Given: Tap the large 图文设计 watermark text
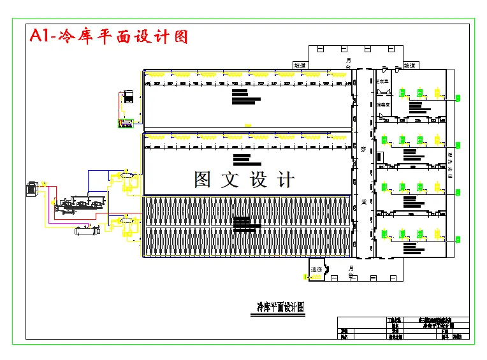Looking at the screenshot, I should pyautogui.click(x=245, y=180).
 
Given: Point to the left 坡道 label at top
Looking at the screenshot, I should pyautogui.click(x=300, y=65).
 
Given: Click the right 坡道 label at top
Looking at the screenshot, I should pyautogui.click(x=410, y=65).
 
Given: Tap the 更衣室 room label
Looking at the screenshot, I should pyautogui.click(x=382, y=82).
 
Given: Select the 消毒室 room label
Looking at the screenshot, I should pyautogui.click(x=382, y=104).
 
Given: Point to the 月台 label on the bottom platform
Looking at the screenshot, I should pyautogui.click(x=351, y=272).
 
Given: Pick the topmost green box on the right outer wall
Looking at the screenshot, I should pyautogui.click(x=458, y=97).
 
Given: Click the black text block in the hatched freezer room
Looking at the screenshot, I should pyautogui.click(x=242, y=224).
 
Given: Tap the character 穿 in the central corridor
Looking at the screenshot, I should pyautogui.click(x=363, y=150).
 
